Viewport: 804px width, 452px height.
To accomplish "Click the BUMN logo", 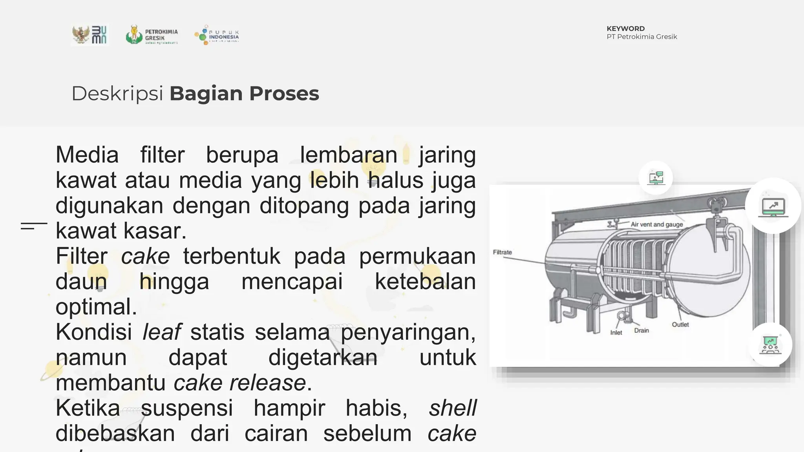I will click(90, 35).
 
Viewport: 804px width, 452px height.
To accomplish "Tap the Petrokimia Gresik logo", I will click(152, 35).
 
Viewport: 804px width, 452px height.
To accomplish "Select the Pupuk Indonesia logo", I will click(217, 35).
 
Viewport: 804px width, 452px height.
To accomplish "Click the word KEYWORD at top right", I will click(625, 29).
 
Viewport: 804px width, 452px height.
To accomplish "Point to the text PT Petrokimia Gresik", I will click(641, 37).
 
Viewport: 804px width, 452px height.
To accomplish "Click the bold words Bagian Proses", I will click(244, 94).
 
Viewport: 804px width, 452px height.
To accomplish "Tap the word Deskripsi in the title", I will click(117, 94).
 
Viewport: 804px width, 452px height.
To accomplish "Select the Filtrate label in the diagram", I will click(502, 252).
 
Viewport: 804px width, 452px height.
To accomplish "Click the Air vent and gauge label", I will click(656, 224).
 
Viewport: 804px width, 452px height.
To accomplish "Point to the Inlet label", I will click(616, 333).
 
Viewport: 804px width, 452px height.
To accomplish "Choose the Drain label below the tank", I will click(641, 330).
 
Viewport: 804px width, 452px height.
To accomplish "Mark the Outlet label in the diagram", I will click(680, 324).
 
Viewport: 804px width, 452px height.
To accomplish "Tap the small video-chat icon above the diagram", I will click(656, 178).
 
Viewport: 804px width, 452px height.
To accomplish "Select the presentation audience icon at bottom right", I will click(770, 345).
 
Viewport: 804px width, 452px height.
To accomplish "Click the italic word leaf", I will click(161, 332).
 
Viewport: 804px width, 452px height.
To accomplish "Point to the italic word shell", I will click(452, 408).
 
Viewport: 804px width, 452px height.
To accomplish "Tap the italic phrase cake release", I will click(239, 383).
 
